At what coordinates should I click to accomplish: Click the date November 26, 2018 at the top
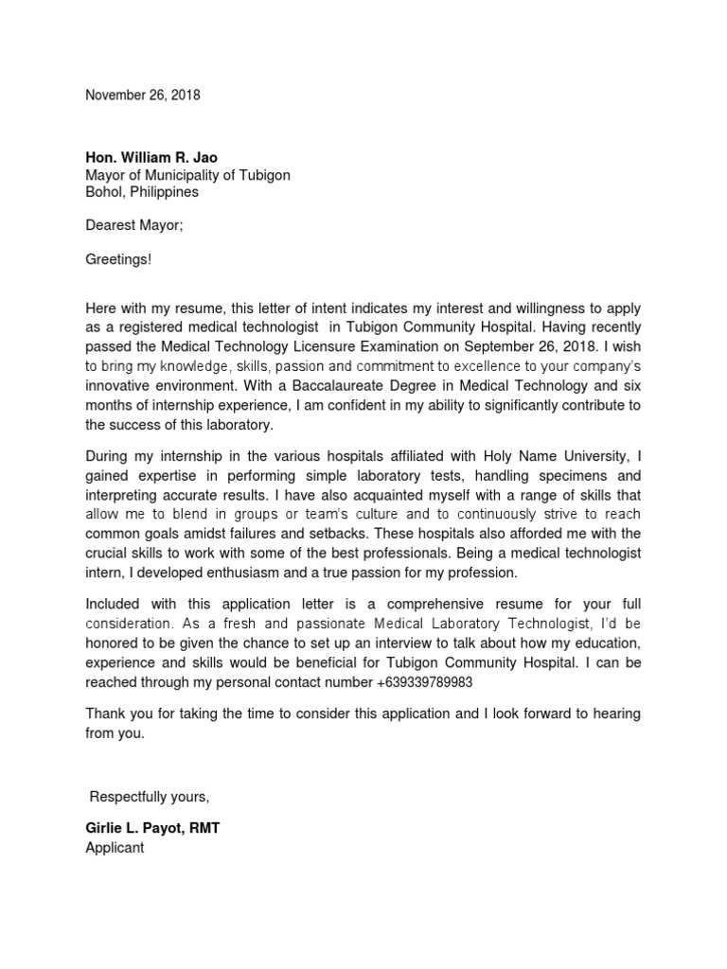(143, 96)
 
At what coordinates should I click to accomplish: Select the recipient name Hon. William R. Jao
(151, 158)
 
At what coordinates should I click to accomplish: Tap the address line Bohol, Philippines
(142, 192)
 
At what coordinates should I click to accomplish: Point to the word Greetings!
(118, 259)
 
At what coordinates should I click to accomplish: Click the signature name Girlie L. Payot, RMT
(152, 829)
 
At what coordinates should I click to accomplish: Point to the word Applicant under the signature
(115, 847)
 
